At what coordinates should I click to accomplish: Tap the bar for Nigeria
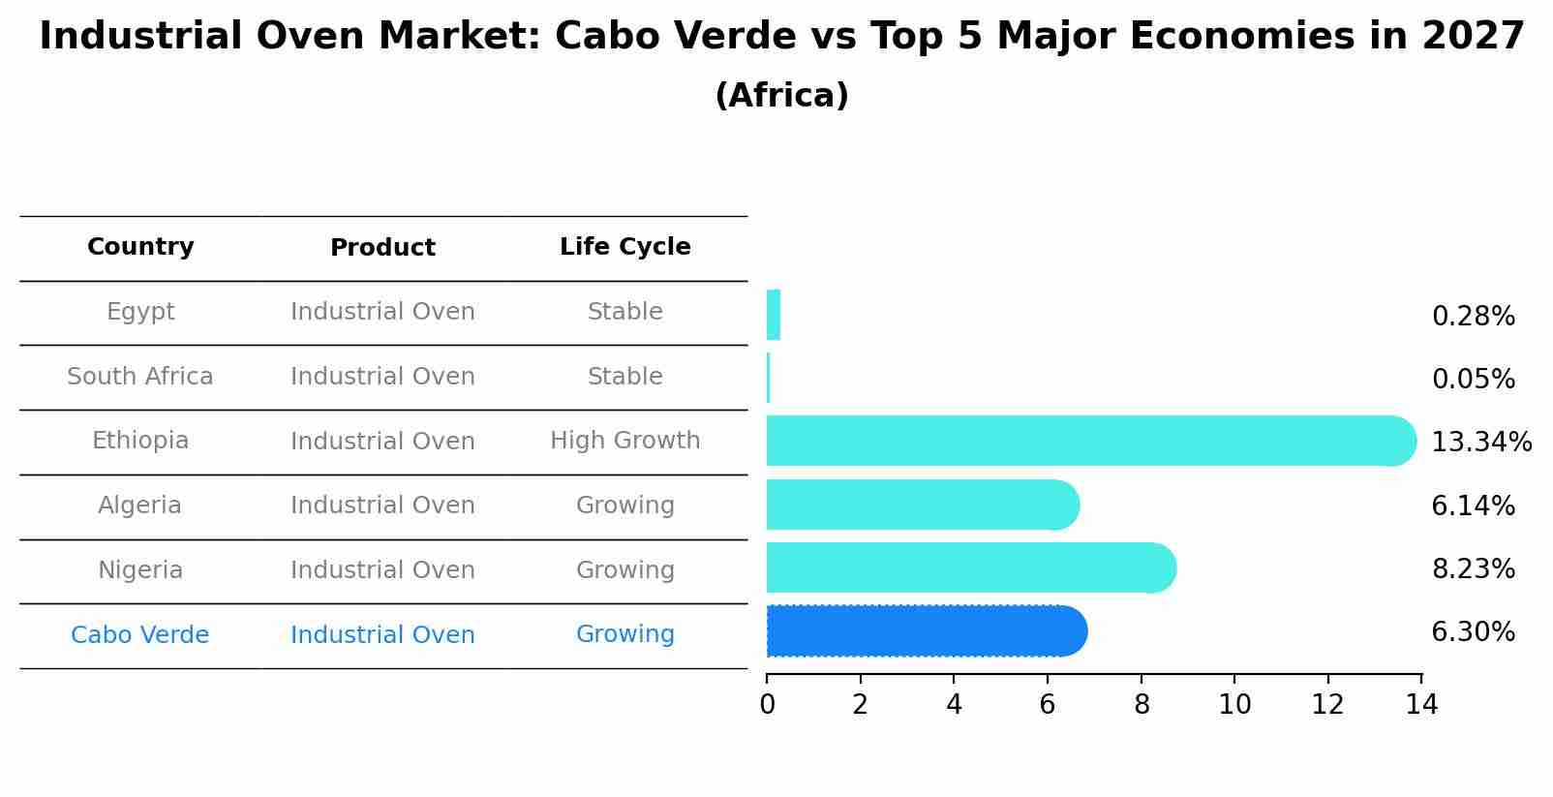click(968, 567)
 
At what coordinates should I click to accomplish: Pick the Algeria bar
click(920, 505)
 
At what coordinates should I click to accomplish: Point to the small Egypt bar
click(773, 315)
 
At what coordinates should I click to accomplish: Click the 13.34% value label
click(1480, 443)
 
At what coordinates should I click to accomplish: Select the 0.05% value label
click(1473, 380)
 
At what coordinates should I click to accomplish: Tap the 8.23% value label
click(1473, 569)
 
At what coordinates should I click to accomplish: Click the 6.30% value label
click(1473, 632)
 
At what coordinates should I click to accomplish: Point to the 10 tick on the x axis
click(1234, 705)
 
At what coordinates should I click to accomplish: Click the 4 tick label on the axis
click(954, 705)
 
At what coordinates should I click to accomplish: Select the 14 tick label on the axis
click(1421, 705)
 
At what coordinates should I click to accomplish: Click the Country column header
click(140, 247)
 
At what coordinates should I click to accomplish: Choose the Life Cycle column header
click(624, 247)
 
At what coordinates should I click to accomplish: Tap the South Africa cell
click(140, 377)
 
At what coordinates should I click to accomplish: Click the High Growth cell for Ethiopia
click(624, 441)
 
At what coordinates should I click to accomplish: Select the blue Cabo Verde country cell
click(140, 635)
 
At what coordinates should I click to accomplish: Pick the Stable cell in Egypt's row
click(624, 312)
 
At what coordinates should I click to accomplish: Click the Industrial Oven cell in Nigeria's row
click(382, 570)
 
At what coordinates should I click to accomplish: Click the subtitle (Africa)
click(781, 96)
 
